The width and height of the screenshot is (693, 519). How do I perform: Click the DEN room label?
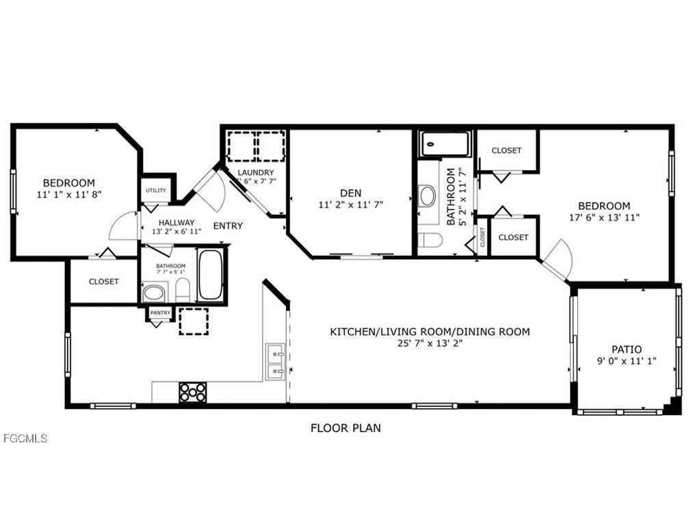point(350,192)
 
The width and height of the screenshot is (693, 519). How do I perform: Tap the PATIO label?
point(627,349)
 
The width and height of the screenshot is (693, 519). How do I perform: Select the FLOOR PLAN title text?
point(345,428)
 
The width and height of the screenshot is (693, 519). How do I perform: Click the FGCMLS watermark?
point(25,438)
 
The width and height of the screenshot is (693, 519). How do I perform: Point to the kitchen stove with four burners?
point(192,392)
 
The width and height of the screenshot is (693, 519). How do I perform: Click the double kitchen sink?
point(276,362)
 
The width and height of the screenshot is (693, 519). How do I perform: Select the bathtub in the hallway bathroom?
point(210,275)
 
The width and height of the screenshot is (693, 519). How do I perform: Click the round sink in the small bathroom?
point(154,293)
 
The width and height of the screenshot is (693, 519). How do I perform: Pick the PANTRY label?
point(160,312)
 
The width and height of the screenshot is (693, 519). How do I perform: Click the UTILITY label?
point(155,191)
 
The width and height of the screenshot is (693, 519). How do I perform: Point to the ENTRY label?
point(228,226)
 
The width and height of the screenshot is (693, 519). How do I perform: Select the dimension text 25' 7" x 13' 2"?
point(430,343)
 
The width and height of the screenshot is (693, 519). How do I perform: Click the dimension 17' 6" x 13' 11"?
point(604,217)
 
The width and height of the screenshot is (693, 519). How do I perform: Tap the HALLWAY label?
point(176,222)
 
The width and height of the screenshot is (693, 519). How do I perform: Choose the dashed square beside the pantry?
point(194,321)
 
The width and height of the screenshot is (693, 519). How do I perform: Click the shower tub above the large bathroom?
point(445,144)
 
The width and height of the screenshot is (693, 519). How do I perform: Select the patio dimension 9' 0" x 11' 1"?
point(627,361)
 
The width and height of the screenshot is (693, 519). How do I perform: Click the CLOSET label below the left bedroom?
point(103,281)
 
